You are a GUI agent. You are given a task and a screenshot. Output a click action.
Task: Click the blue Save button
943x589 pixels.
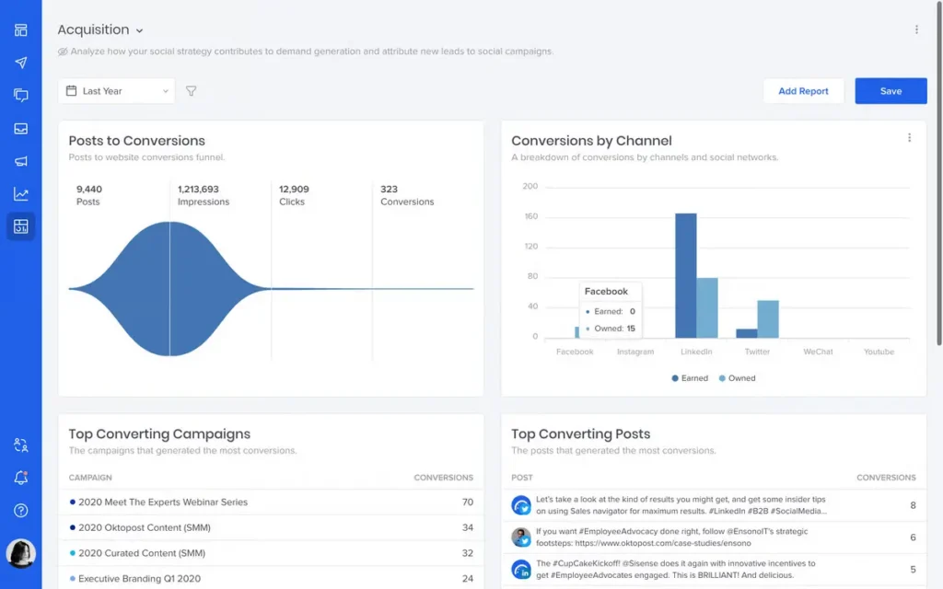(891, 91)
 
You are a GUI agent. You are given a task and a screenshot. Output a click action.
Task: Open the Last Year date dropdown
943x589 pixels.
(116, 91)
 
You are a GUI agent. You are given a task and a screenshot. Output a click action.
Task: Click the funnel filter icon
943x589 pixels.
(192, 91)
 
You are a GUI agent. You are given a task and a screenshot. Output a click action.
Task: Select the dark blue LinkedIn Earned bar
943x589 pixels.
(685, 275)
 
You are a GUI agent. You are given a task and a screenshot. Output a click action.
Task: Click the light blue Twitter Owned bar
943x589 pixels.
(768, 318)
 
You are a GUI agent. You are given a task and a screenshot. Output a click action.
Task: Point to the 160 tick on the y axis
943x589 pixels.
(530, 216)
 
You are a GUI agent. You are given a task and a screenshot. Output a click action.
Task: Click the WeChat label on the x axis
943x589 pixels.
(818, 352)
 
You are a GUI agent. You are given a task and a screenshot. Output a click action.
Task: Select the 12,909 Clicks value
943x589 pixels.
(294, 190)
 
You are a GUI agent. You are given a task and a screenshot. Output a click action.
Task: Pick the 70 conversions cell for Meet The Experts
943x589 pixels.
(467, 502)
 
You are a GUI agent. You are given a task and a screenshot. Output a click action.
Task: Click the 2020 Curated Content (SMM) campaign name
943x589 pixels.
(141, 553)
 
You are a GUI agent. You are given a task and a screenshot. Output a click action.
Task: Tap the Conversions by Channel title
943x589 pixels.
(591, 141)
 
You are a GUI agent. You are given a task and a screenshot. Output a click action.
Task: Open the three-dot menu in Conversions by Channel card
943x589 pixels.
(909, 138)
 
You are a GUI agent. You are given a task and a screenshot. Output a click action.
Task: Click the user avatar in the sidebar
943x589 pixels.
(20, 552)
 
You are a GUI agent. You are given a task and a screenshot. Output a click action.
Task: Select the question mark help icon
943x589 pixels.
(21, 511)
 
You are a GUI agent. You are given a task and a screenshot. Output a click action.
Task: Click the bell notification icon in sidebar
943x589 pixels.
(21, 478)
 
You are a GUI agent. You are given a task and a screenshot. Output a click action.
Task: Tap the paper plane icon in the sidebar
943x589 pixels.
(21, 63)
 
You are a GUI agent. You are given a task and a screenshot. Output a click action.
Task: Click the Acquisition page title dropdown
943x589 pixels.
(100, 30)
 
